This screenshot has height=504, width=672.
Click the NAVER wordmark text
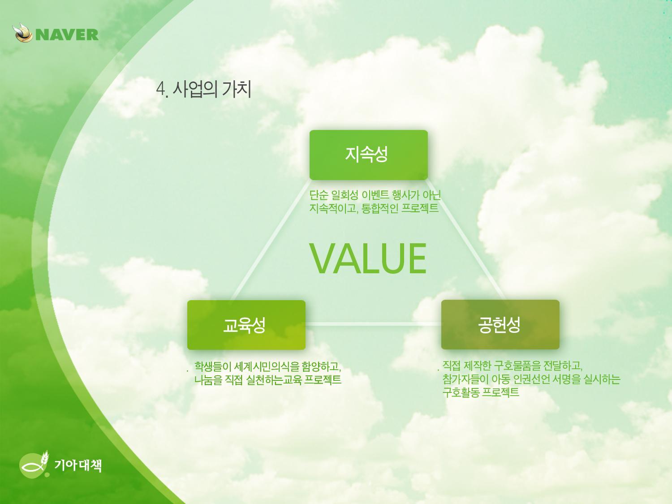(67, 34)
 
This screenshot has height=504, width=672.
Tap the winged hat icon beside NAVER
(23, 32)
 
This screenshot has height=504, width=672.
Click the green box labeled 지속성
(369, 155)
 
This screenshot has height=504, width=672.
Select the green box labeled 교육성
(246, 325)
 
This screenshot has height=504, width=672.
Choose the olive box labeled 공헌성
(500, 325)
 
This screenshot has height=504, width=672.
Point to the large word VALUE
(368, 258)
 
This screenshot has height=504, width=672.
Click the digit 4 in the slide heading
(160, 89)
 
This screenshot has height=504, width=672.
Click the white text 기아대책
(78, 465)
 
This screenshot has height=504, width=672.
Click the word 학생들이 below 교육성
(213, 366)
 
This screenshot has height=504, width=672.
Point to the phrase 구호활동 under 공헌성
(461, 392)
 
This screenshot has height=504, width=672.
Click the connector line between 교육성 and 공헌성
(373, 324)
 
